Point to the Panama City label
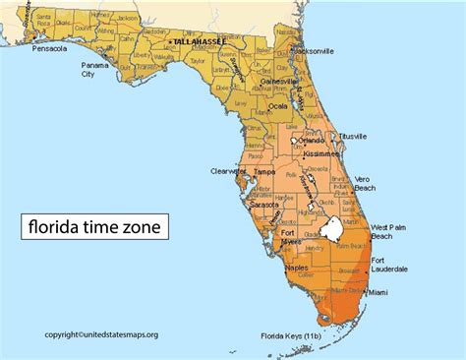pyautogui.click(x=95, y=69)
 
